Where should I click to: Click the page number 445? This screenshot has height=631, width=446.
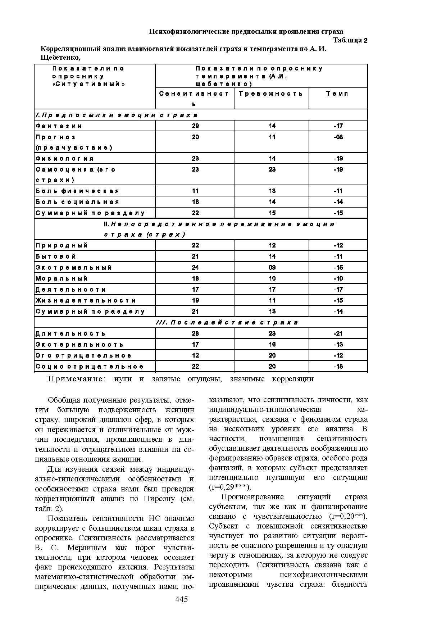coord(181,599)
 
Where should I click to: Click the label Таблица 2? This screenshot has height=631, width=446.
coord(350,40)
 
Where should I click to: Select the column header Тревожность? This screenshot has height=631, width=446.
coord(271,94)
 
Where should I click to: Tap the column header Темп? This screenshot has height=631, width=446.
coord(337,94)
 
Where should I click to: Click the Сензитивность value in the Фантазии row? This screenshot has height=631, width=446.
coord(195,126)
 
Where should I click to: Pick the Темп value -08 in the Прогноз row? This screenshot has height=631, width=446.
coord(338,137)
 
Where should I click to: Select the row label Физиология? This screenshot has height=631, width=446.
coord(65,159)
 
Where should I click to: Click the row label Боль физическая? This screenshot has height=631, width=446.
coord(77,191)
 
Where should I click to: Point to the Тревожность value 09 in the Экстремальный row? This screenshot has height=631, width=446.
coord(272,268)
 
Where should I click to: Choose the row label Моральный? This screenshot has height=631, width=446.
coord(62,278)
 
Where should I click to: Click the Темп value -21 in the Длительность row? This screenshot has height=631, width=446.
coord(338,333)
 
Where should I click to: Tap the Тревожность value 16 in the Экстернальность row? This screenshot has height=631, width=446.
coord(272,345)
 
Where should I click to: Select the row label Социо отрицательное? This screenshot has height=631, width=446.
coord(90,367)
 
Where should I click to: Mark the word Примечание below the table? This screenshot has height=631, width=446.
coord(77,379)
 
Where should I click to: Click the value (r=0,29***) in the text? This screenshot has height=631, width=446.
coord(230,487)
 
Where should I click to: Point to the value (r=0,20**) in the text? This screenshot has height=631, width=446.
coord(348,517)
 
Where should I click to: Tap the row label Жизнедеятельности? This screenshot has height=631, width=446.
coord(86,300)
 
